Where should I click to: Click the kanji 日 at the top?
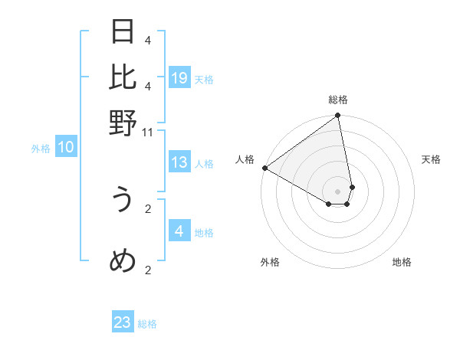pyautogui.click(x=123, y=32)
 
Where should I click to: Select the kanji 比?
pyautogui.click(x=123, y=77)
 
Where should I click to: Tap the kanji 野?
pyautogui.click(x=123, y=123)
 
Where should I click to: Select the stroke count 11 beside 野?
pyautogui.click(x=148, y=133)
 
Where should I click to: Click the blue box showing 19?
pyautogui.click(x=179, y=77)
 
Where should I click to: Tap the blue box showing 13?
pyautogui.click(x=179, y=162)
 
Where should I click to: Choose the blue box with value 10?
pyautogui.click(x=66, y=148)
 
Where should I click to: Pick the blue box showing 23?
pyautogui.click(x=123, y=322)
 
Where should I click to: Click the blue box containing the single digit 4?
pyautogui.click(x=179, y=231)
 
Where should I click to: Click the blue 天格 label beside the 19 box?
pyautogui.click(x=204, y=79)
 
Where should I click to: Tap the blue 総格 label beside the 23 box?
pyautogui.click(x=147, y=324)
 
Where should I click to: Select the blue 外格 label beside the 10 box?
pyautogui.click(x=41, y=149)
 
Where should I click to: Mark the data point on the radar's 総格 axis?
pyautogui.click(x=337, y=116)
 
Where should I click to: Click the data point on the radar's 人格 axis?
pyautogui.click(x=264, y=168)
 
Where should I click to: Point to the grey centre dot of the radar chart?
pyautogui.click(x=337, y=191)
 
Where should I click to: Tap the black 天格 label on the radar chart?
pyautogui.click(x=432, y=159)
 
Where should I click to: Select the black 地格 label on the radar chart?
pyautogui.click(x=402, y=263)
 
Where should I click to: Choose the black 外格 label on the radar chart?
pyautogui.click(x=270, y=263)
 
